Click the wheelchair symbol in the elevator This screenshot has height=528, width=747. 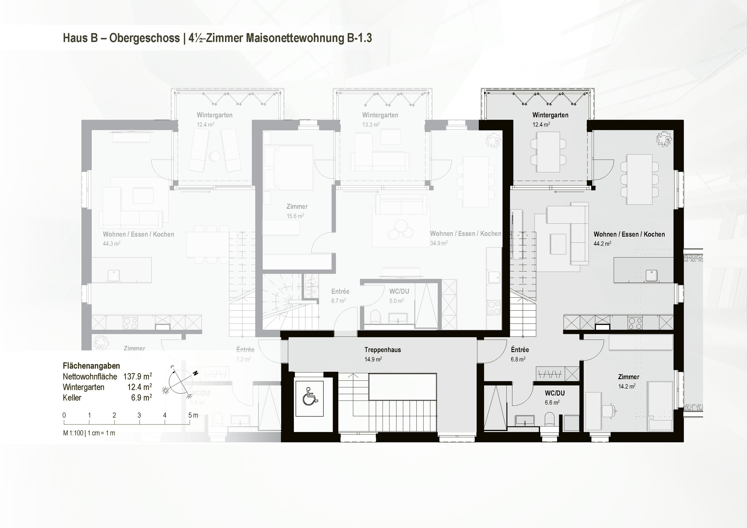pos(309,398)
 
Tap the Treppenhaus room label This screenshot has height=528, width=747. pos(382,350)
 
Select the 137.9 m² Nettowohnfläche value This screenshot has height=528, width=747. pos(137,376)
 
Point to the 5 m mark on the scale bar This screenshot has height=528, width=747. pos(190,415)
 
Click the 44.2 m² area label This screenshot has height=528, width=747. pos(602,243)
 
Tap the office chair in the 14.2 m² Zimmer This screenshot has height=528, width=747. pos(609,410)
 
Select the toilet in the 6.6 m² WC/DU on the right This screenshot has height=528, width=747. pos(549,419)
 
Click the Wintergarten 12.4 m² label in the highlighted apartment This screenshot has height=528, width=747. pos(550,119)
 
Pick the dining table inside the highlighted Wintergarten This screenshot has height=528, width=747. pos(548,152)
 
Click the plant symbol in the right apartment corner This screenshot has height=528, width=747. pos(664,139)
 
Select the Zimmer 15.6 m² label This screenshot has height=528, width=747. pos(296,211)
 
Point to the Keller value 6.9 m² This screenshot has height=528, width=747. pos(141,398)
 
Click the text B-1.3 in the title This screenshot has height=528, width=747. pos(359,38)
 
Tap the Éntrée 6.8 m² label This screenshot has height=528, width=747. pos(520,354)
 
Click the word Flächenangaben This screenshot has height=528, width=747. pos(91,366)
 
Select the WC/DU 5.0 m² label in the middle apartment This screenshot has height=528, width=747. pos(399,296)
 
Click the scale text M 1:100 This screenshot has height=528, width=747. pos(73,433)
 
